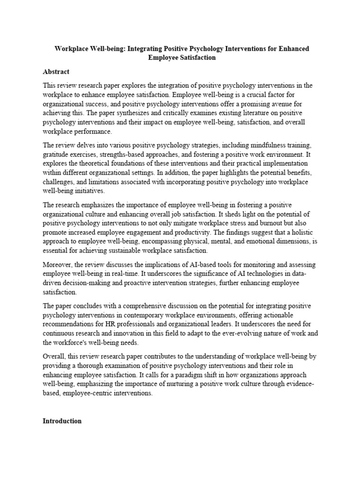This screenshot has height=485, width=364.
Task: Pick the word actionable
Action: pos(280,315)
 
